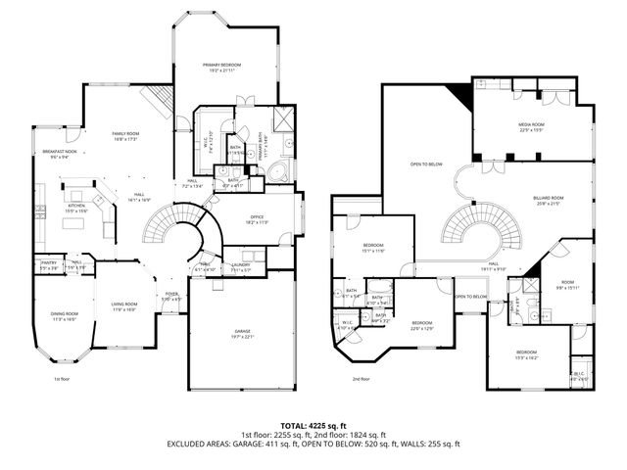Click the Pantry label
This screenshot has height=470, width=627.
(48, 264)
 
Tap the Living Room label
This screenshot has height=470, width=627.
(122, 306)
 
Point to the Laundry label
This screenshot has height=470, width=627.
(241, 265)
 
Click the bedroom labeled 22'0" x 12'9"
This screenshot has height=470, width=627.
(422, 324)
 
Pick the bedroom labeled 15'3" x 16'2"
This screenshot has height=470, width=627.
(527, 355)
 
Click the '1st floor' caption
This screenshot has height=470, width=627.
(62, 378)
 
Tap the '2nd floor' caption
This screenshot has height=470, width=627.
(361, 378)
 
